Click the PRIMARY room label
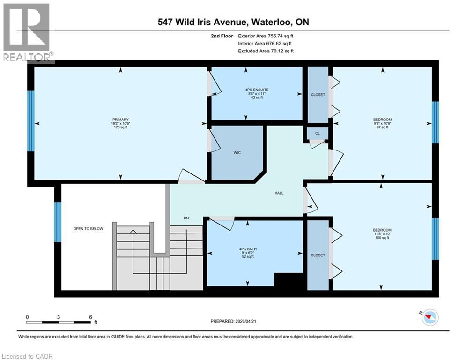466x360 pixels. (121, 120)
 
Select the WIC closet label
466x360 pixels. (237, 153)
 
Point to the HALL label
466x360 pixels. (279, 193)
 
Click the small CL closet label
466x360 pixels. (317, 134)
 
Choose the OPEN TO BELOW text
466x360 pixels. (88, 229)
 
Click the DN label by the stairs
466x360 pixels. (186, 218)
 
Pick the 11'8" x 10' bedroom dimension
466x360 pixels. (382, 234)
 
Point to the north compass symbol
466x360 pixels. (428, 318)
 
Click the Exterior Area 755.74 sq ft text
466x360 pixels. (266, 36)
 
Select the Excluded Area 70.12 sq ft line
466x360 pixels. (266, 51)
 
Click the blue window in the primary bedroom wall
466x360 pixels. (31, 120)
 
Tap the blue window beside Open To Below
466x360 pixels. (58, 222)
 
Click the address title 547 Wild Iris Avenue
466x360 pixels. (233, 22)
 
